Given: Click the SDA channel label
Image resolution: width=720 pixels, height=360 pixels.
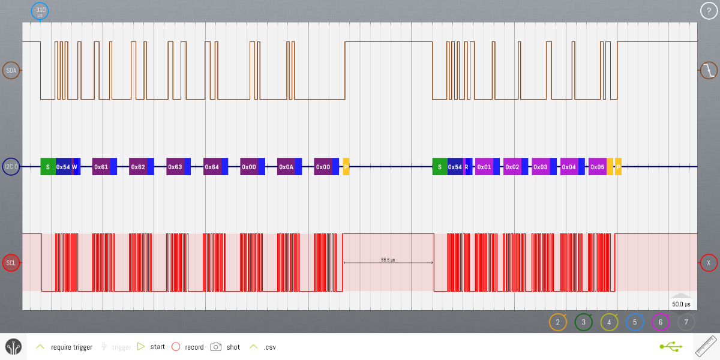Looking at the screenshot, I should pos(11,71).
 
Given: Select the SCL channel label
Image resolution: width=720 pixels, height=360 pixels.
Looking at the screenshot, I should pos(11,263).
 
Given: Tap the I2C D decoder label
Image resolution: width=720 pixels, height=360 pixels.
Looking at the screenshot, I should pos(11,167).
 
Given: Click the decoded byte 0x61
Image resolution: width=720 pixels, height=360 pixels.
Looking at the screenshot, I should pos(101,167).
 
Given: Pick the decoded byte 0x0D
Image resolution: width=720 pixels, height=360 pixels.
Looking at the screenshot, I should pos(249,167).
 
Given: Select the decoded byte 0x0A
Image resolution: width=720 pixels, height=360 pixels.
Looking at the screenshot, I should pos(286,167).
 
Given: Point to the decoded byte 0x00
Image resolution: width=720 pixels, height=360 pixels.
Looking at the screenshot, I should pos(323,167).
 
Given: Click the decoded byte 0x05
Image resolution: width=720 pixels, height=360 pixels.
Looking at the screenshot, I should pos(597,167).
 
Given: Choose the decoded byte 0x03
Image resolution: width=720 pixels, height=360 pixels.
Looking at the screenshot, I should pos(541,167).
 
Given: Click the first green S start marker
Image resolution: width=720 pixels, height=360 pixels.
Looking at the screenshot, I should pos(48,167).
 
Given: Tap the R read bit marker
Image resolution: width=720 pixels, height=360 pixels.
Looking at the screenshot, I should pos(466,167).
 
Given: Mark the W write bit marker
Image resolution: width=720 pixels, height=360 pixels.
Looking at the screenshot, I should pos(74,167).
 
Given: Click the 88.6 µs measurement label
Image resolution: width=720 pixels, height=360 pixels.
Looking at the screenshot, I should pos(388,260).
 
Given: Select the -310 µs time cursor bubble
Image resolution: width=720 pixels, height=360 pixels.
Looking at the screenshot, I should pos(40,11).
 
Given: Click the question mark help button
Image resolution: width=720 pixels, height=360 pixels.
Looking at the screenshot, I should pos(709,11).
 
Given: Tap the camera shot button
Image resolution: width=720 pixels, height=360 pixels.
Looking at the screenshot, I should pos(216,347).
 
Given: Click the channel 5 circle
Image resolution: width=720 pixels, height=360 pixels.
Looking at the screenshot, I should pos(635,322).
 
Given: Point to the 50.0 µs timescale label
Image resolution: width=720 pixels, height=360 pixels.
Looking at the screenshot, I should pos(681,304).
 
